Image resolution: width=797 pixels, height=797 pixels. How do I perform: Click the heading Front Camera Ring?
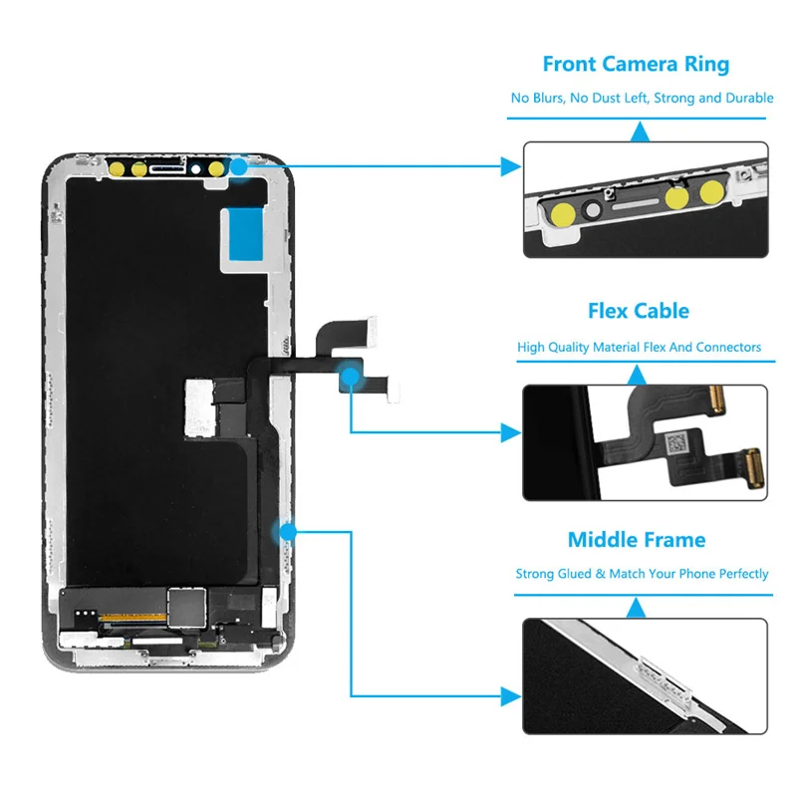636,65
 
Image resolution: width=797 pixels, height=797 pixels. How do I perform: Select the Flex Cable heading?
639,311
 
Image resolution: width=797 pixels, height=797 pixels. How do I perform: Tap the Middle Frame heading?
636,540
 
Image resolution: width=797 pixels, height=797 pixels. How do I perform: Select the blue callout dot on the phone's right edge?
289,532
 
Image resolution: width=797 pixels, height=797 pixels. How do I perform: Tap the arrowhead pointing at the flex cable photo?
510,432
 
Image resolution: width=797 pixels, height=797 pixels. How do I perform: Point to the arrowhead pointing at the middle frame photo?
510,695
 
